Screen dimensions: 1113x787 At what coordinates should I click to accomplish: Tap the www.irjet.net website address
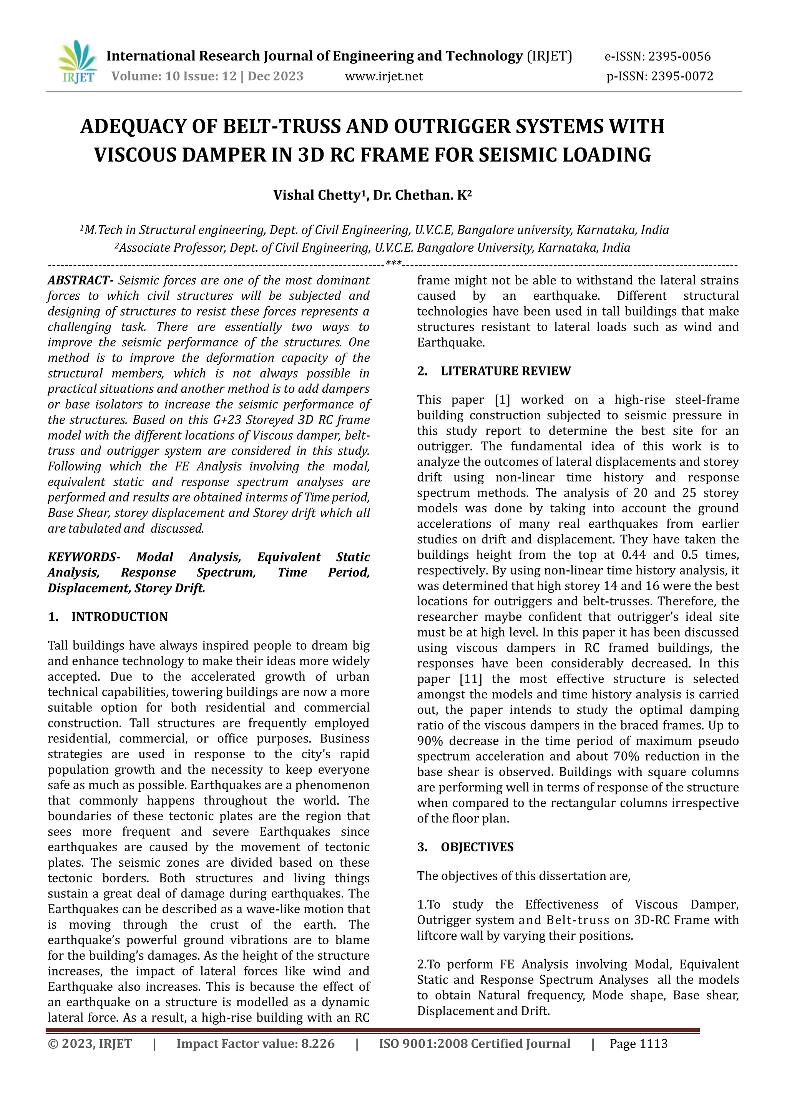point(384,76)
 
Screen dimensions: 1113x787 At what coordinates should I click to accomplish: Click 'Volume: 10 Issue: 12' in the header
point(174,76)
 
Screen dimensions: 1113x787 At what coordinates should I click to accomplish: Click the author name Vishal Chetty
point(316,195)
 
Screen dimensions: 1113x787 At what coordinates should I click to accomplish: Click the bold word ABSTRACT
point(79,281)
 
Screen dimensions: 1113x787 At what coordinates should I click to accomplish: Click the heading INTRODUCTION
point(119,617)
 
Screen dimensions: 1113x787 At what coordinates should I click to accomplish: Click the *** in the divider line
point(393,264)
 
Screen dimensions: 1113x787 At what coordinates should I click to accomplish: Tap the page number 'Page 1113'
point(638,1044)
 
